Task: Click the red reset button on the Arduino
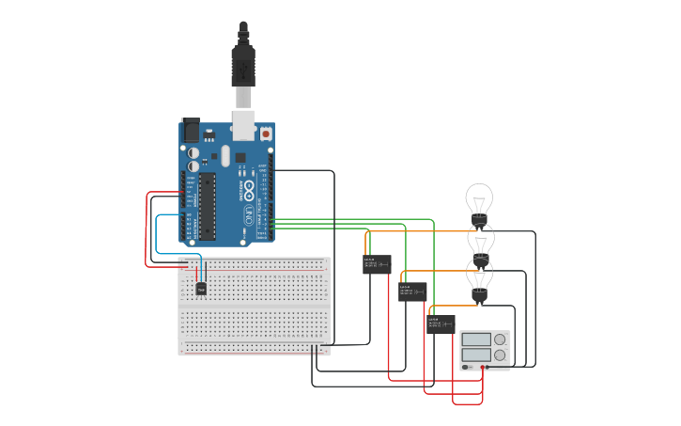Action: pyautogui.click(x=266, y=134)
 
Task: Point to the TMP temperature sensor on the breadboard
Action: pyautogui.click(x=201, y=289)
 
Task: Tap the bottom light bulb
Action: pyautogui.click(x=480, y=276)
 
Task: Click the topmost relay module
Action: pyautogui.click(x=377, y=264)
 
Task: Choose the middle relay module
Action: pyautogui.click(x=412, y=292)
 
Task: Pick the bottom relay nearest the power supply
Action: pyautogui.click(x=441, y=324)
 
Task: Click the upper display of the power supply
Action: pyautogui.click(x=476, y=339)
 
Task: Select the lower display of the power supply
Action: pyautogui.click(x=476, y=355)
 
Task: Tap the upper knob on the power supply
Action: pyautogui.click(x=500, y=339)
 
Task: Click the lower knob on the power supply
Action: pyautogui.click(x=500, y=355)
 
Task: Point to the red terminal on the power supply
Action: pyautogui.click(x=484, y=367)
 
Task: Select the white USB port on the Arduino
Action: pyautogui.click(x=243, y=121)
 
